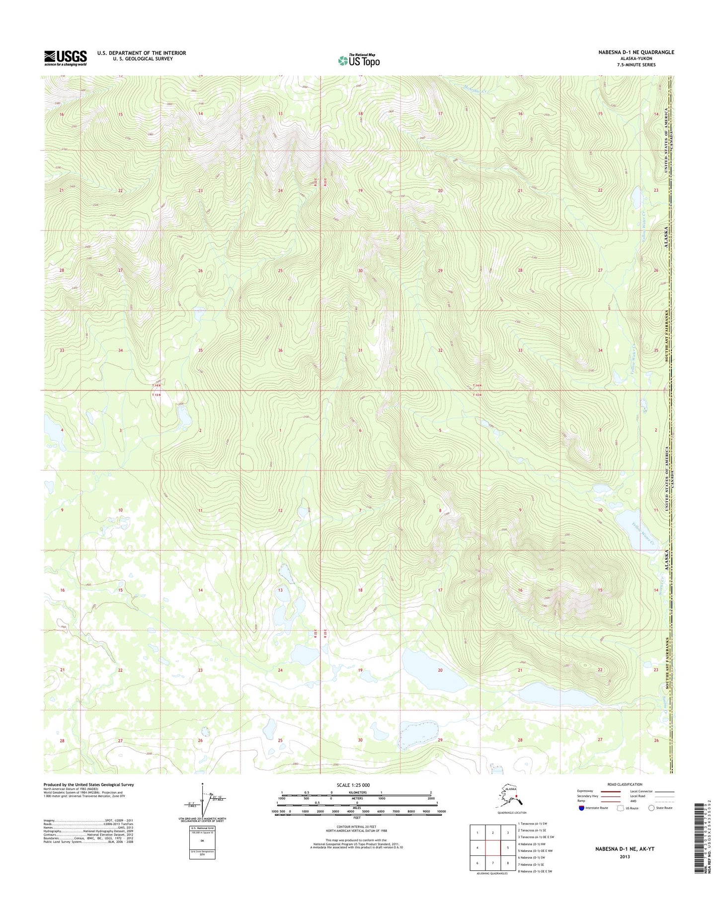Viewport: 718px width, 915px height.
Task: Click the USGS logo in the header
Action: (65, 58)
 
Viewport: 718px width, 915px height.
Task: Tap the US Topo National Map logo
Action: (359, 60)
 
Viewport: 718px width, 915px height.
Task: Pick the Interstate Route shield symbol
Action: (581, 808)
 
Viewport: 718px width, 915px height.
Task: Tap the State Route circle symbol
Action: (651, 808)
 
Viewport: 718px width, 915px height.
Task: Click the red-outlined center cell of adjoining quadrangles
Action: (492, 848)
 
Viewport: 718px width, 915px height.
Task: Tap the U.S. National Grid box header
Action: (202, 828)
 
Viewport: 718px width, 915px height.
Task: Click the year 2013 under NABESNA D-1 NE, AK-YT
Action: (625, 856)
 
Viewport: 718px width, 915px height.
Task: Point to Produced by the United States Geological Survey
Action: (88, 785)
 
